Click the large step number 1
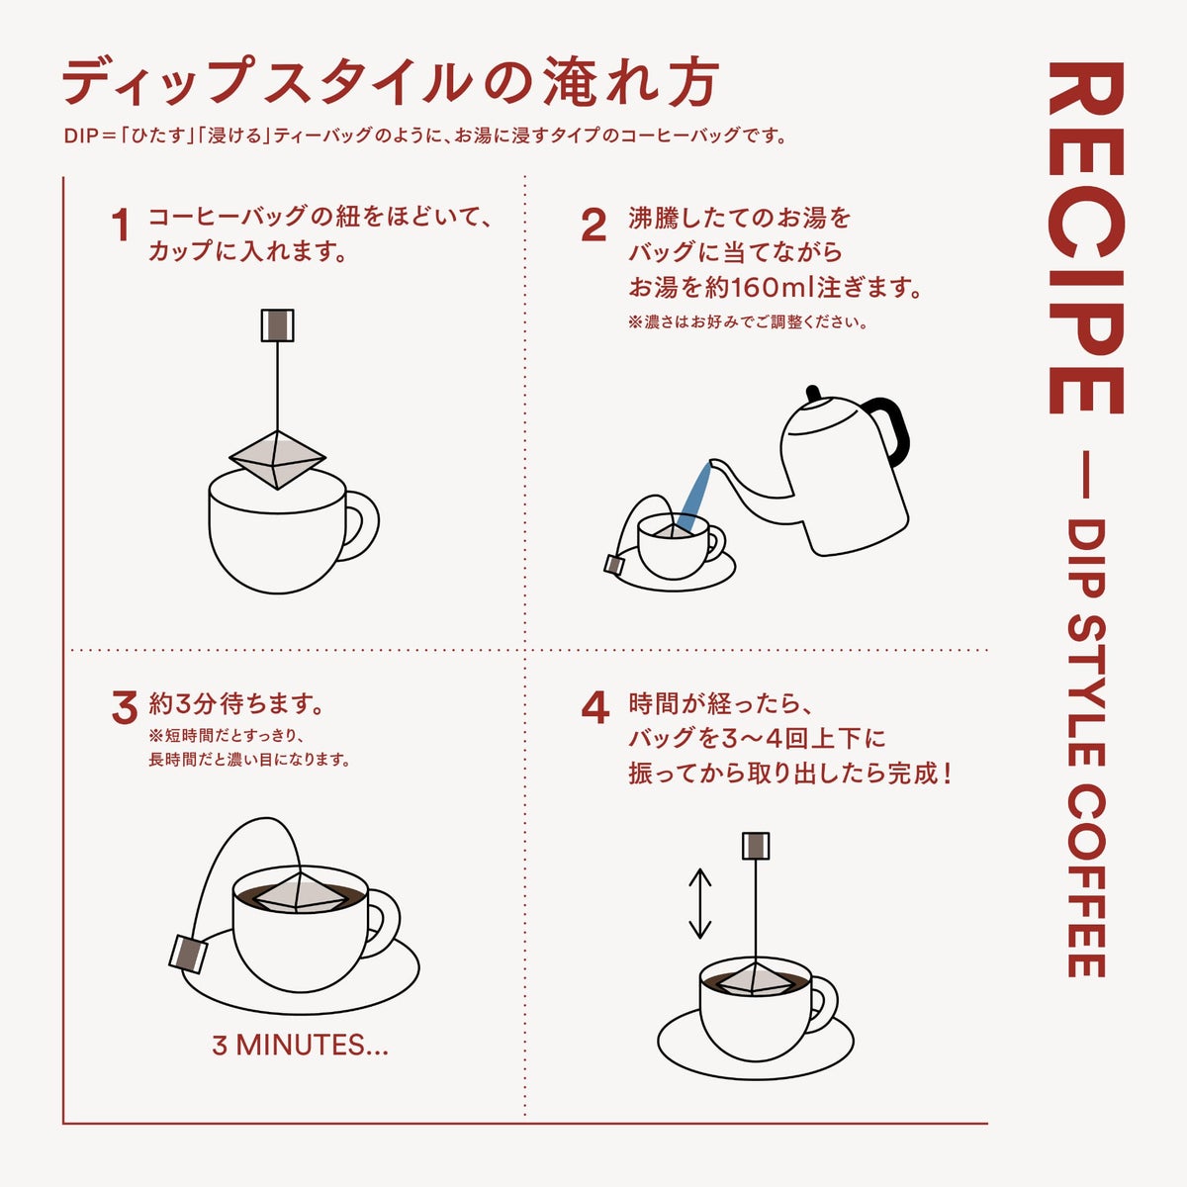point(122,225)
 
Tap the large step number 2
point(593,225)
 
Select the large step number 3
point(125,708)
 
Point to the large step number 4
point(595,708)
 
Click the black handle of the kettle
point(892,426)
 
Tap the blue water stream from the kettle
point(693,498)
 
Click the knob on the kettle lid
point(813,393)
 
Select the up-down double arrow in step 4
point(699,903)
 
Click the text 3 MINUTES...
point(300,1046)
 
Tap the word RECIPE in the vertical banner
point(1086,237)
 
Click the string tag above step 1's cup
point(277,325)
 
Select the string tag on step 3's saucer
point(188,954)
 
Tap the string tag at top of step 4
point(756,846)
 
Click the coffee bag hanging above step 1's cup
point(277,460)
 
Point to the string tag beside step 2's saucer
point(614,564)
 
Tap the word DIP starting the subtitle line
point(82,137)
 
